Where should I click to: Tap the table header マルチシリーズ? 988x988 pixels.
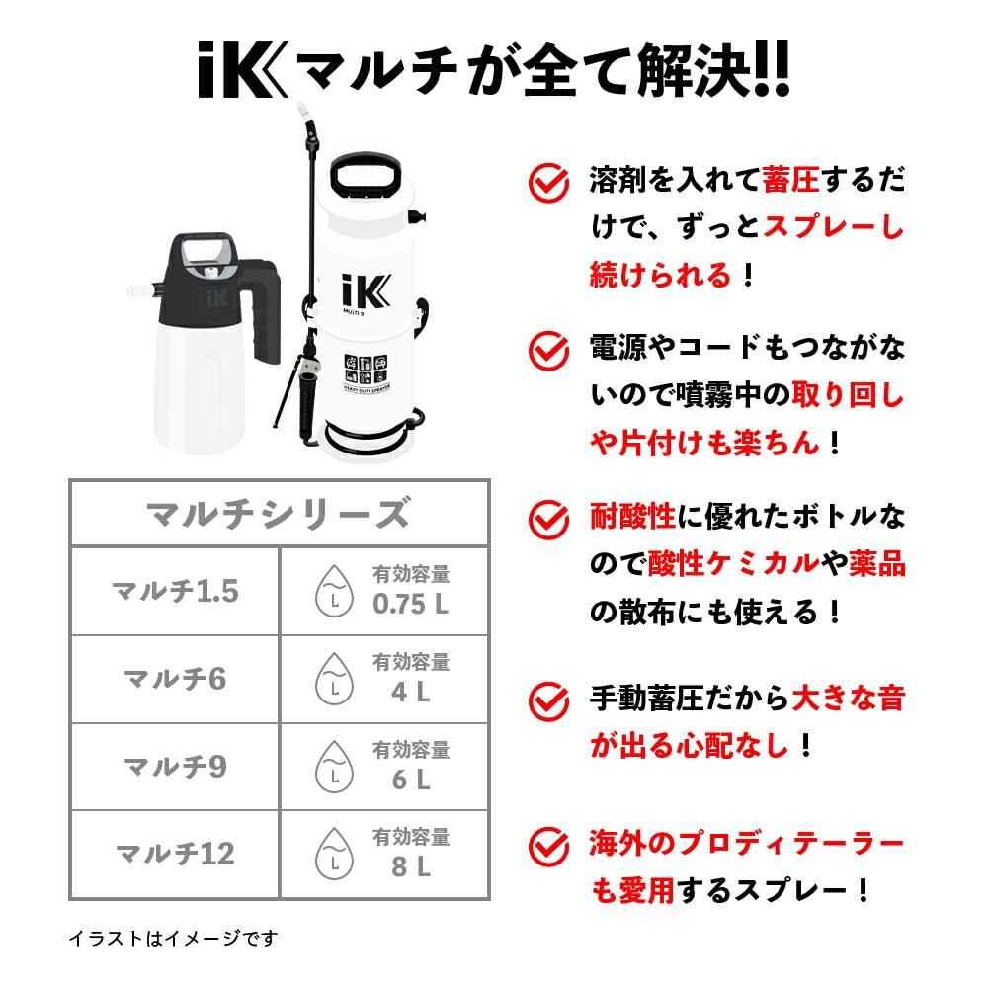click(x=278, y=513)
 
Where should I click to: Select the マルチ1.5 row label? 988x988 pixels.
click(x=175, y=591)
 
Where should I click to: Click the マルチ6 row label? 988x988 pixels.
click(x=175, y=679)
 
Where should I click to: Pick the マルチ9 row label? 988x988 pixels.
click(x=175, y=767)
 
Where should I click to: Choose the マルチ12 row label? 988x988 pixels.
click(x=175, y=854)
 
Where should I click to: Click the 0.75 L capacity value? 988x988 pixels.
click(x=410, y=604)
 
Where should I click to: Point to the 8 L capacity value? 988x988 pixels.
click(x=410, y=867)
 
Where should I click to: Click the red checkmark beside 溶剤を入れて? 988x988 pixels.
click(x=548, y=182)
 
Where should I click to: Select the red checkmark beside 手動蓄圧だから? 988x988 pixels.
click(x=548, y=700)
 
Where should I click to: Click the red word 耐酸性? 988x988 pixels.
click(x=632, y=515)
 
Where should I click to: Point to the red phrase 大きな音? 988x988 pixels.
click(x=850, y=700)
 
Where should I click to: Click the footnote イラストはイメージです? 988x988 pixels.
click(x=174, y=937)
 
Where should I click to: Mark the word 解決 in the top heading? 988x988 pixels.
click(x=683, y=71)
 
